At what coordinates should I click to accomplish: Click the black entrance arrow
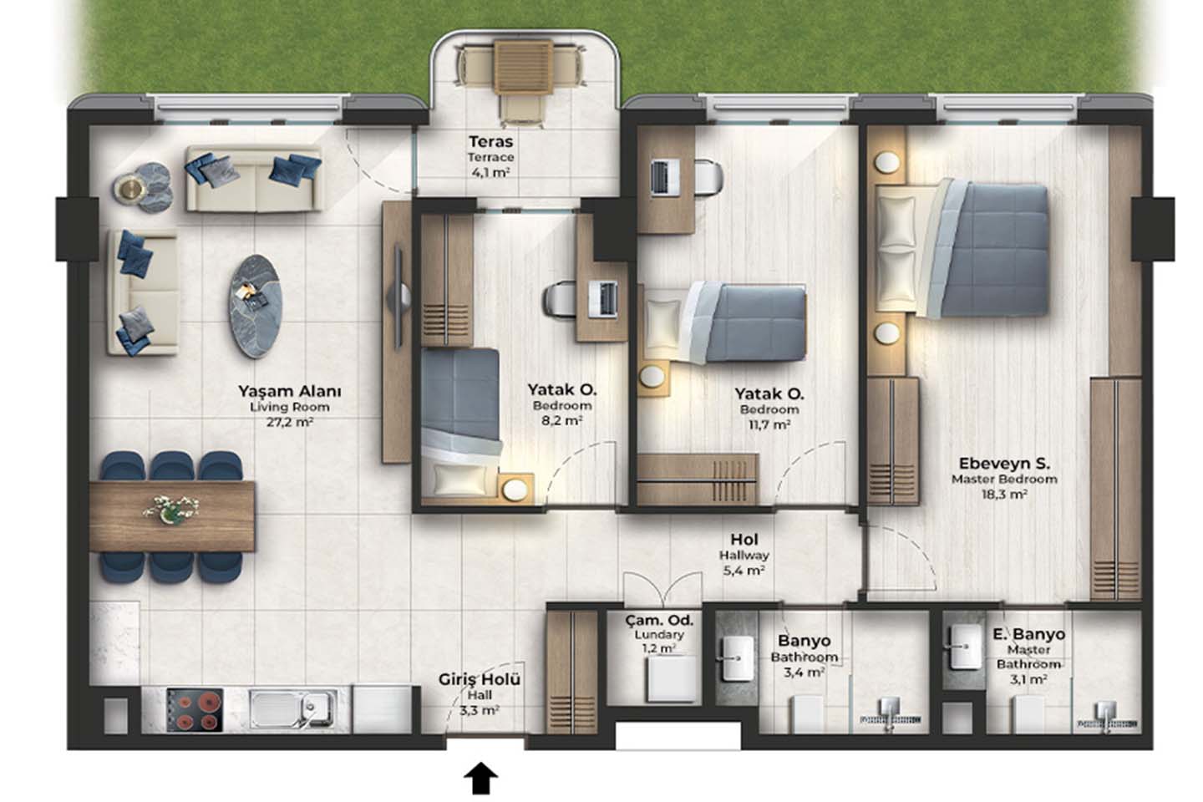[x=480, y=778]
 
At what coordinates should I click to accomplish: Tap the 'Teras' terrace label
[x=491, y=142]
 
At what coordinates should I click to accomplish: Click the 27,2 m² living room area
[x=290, y=422]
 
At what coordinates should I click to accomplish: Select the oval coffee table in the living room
[x=256, y=307]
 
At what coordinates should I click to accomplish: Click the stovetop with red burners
[x=195, y=710]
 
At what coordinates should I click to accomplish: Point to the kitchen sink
[x=292, y=710]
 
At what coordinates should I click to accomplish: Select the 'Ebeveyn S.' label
[x=1004, y=463]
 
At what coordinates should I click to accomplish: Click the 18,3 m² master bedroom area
[x=1004, y=494]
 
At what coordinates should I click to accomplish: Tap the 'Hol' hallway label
[x=744, y=540]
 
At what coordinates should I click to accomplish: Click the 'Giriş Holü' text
[x=480, y=679]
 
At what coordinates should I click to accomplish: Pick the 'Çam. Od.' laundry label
[x=659, y=620]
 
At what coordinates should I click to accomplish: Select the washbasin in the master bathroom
[x=965, y=647]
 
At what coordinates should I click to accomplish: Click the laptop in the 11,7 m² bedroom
[x=664, y=178]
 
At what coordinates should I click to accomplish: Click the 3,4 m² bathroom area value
[x=804, y=672]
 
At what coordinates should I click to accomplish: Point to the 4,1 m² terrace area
[x=490, y=172]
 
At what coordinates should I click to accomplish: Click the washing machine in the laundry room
[x=672, y=678]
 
